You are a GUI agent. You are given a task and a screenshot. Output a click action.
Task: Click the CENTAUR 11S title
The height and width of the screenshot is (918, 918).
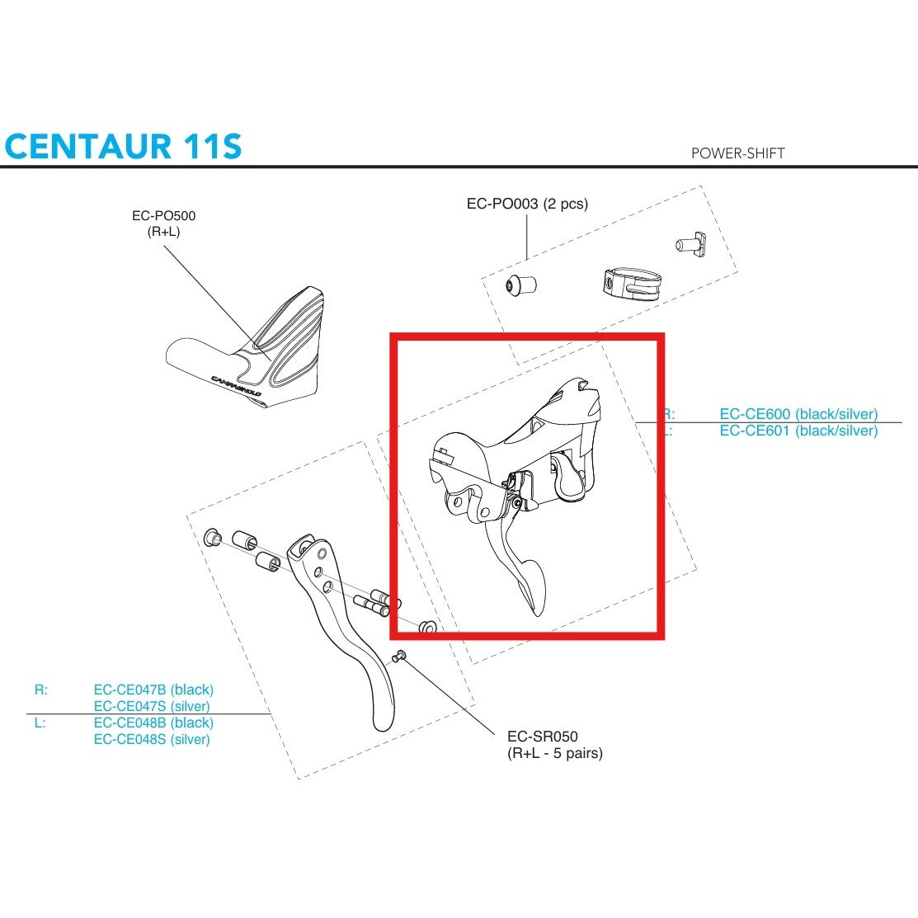tap(124, 146)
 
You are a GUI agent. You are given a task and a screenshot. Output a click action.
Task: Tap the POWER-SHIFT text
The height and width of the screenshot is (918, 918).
tap(737, 153)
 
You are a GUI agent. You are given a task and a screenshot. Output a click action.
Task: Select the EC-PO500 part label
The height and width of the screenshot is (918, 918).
tap(163, 216)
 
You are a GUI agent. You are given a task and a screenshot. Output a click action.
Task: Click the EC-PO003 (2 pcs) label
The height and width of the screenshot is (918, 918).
tap(527, 204)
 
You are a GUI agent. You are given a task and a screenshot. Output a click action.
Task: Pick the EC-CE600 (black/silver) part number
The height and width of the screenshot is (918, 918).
tap(798, 414)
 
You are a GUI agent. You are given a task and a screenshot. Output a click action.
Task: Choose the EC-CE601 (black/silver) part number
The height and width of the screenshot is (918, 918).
tap(798, 431)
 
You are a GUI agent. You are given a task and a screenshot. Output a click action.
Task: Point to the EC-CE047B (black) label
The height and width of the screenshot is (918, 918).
tap(153, 690)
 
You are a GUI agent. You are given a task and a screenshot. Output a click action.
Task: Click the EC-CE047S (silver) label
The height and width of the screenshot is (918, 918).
tap(152, 706)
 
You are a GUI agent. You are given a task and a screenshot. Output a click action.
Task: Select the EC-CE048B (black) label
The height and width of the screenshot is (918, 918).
tap(153, 723)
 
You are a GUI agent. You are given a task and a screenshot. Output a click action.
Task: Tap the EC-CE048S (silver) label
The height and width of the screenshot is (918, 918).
tap(152, 739)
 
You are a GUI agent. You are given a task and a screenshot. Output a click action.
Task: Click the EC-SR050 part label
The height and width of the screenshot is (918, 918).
tap(542, 737)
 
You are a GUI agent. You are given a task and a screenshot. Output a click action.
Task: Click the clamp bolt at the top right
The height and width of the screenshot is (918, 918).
tap(687, 242)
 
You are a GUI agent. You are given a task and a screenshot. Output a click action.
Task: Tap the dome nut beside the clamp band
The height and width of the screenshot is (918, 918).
tap(520, 285)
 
